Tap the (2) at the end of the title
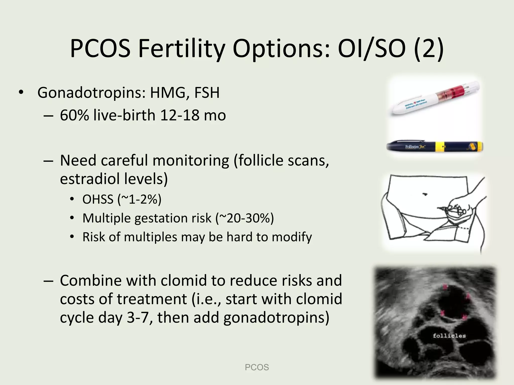tap(429, 49)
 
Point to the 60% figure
tap(74, 116)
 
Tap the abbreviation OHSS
tap(98, 200)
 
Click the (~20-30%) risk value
tap(245, 218)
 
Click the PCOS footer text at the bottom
tap(257, 367)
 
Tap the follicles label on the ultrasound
tap(449, 336)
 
